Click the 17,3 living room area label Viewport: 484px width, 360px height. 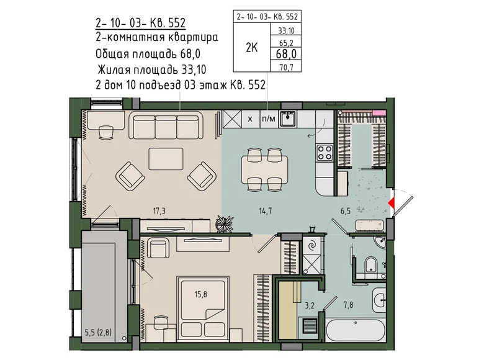[x=159, y=211]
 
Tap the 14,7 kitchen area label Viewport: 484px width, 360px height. [x=266, y=211]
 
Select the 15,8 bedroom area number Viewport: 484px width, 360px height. [x=200, y=294]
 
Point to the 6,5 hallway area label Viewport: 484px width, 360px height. [x=346, y=211]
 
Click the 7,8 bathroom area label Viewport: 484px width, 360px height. [x=348, y=305]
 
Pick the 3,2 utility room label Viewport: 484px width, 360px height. [x=309, y=305]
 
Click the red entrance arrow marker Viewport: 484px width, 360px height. [x=391, y=203]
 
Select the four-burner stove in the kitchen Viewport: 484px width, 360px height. [x=325, y=153]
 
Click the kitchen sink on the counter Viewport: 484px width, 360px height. [x=288, y=119]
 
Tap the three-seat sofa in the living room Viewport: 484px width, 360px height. [x=166, y=126]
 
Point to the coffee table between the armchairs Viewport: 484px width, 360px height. [x=166, y=159]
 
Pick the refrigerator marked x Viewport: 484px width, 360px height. [x=250, y=119]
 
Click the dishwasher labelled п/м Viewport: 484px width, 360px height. [x=269, y=119]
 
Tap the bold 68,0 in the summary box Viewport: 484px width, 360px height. [x=286, y=54]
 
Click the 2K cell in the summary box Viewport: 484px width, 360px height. [x=251, y=48]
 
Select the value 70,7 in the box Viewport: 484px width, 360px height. [x=287, y=67]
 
